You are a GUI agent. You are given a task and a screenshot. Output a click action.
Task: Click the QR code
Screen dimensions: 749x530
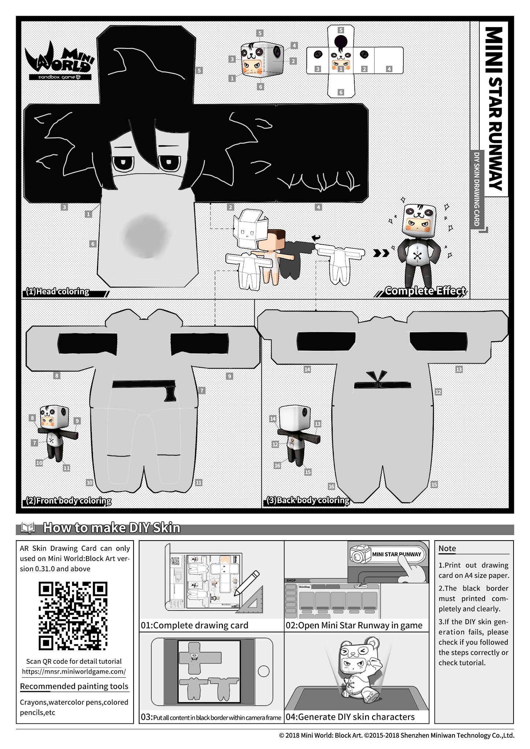(73, 616)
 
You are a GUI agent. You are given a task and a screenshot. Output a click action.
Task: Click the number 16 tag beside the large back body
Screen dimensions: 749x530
(331, 486)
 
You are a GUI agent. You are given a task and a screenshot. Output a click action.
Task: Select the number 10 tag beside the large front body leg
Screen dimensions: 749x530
(89, 482)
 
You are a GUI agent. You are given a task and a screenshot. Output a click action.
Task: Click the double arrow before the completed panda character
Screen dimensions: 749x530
(381, 253)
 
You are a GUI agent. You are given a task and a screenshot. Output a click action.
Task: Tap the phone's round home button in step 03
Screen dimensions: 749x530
(264, 671)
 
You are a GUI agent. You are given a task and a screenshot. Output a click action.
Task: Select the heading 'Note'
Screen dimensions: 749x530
(447, 548)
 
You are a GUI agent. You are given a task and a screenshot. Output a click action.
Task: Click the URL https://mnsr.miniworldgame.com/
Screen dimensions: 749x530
(74, 671)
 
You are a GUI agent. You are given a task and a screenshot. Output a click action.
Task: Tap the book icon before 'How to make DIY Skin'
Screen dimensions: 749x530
(28, 528)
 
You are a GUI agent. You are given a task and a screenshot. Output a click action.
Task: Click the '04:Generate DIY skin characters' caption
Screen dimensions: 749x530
(350, 717)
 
